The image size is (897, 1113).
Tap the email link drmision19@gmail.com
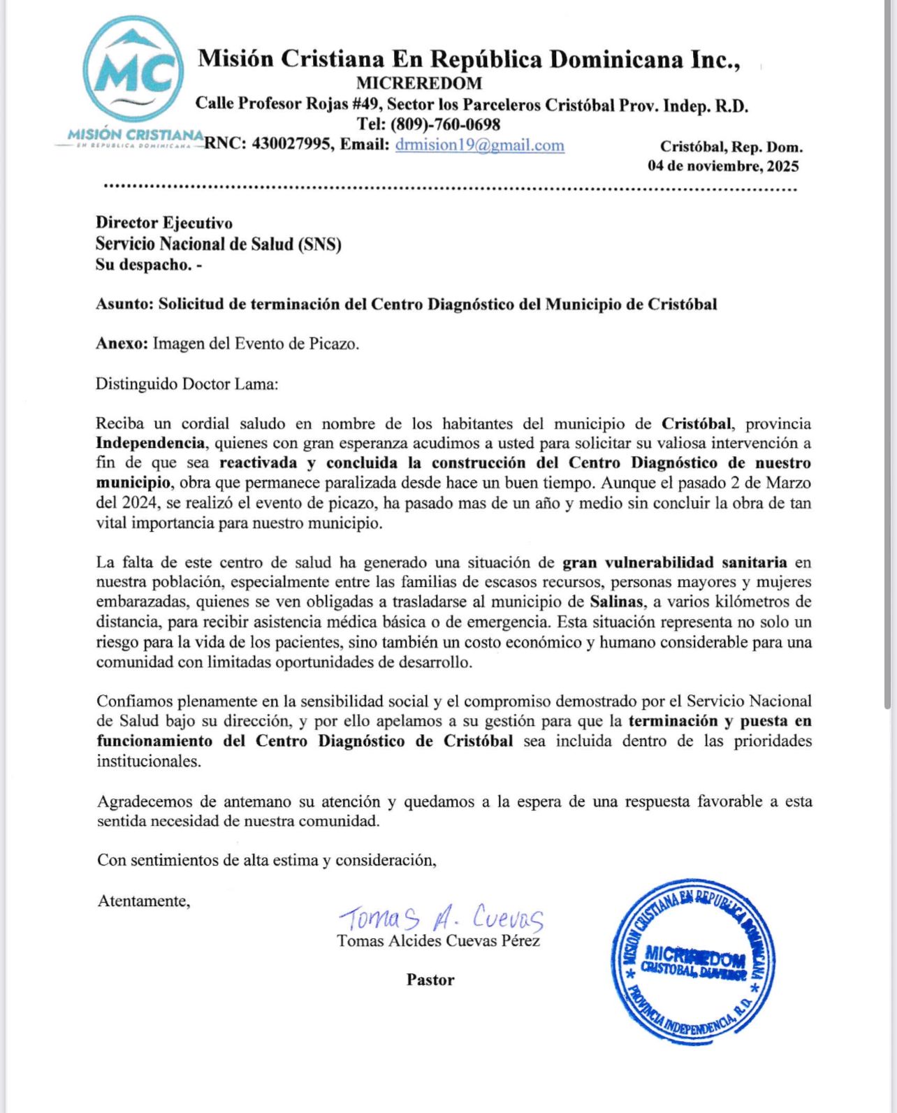pos(479,145)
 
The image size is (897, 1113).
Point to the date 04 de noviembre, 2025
pos(723,166)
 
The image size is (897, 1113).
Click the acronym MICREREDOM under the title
pos(419,83)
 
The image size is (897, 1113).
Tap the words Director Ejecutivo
pos(164,223)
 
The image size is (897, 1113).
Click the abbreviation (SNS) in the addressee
pos(319,244)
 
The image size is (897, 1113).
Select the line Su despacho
pos(148,265)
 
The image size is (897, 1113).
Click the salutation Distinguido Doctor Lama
pos(187,384)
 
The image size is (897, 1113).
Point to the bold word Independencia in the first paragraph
pos(151,443)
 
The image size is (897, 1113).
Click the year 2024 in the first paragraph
pos(139,502)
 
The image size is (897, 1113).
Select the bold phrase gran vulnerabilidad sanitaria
pos(675,562)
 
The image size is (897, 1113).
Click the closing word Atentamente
pos(143,901)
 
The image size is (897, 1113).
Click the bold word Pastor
pos(430,980)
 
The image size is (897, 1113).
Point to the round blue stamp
pos(693,962)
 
